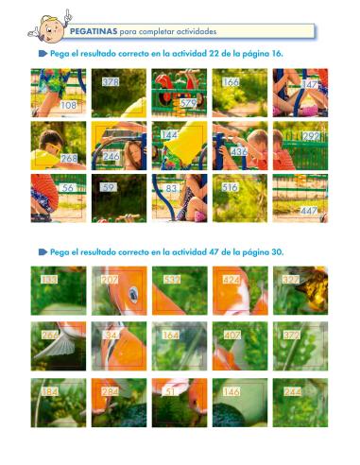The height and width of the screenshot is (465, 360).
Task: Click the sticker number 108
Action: click(68, 105)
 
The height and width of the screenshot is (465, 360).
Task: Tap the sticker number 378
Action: click(110, 82)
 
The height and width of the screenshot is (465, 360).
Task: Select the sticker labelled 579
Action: click(188, 103)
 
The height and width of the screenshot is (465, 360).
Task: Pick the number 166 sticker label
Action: click(231, 83)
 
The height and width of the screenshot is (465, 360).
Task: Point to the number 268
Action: click(68, 158)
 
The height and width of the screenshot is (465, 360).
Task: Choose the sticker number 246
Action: click(111, 156)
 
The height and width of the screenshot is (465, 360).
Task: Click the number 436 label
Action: click(239, 151)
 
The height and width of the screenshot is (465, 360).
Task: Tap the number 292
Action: click(310, 137)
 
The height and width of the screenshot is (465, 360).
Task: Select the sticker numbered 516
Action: click(230, 188)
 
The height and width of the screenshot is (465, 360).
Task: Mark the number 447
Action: click(309, 211)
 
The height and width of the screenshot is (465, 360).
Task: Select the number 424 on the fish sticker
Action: click(231, 280)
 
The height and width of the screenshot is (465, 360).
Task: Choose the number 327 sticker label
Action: click(291, 280)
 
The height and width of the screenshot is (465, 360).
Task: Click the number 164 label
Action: click(170, 334)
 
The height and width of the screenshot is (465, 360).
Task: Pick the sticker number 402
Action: click(231, 334)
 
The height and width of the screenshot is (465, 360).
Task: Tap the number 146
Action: click(231, 389)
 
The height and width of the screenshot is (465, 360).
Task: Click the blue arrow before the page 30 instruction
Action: click(43, 252)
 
